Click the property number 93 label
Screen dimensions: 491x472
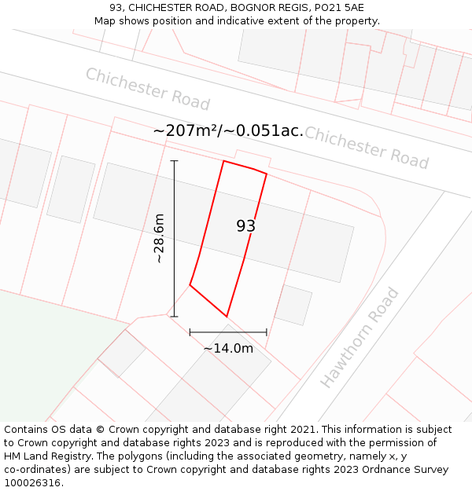[x=245, y=226]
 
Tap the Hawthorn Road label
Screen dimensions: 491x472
[x=360, y=338]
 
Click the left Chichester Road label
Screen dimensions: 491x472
[x=147, y=89]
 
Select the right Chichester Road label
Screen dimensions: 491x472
[x=366, y=147]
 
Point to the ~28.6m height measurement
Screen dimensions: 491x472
[x=159, y=238]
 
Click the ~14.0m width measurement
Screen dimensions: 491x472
[x=228, y=348]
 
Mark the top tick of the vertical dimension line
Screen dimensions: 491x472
[x=174, y=161]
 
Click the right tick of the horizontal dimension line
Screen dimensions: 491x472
[x=267, y=332]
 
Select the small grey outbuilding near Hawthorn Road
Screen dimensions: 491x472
[x=293, y=305]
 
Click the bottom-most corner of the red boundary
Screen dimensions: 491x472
[x=227, y=317]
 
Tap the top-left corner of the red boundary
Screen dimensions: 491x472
[x=224, y=161]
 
